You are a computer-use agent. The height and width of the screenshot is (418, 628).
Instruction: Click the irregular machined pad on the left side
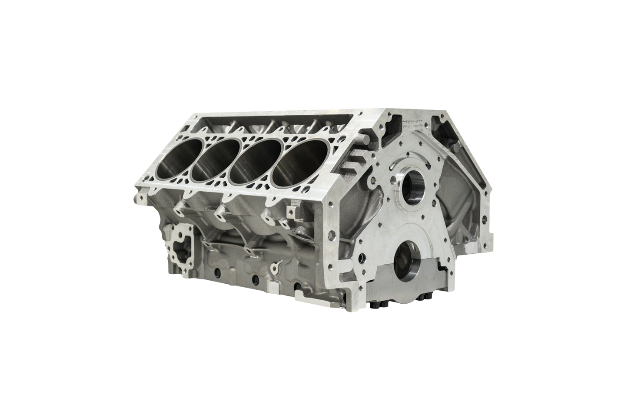pyautogui.click(x=179, y=245)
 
